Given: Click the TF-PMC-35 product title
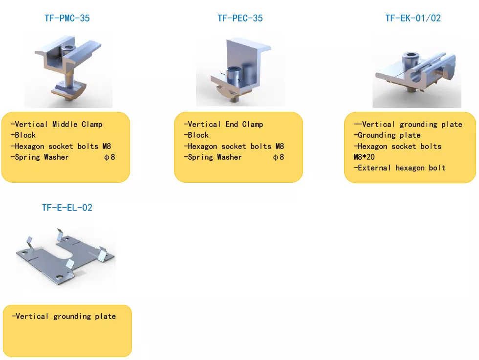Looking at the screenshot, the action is [x=67, y=19].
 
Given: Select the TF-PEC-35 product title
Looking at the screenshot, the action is [x=240, y=19].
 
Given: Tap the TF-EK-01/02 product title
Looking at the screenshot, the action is [x=413, y=19].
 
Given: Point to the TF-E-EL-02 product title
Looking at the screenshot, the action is [x=67, y=208].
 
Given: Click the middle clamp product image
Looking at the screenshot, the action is [x=68, y=70].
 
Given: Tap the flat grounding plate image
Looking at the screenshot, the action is [x=65, y=256].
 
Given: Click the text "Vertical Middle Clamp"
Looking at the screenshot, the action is [x=59, y=124].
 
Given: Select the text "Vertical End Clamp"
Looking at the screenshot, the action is [x=225, y=124].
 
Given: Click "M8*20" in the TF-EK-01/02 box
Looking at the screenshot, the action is [x=364, y=157].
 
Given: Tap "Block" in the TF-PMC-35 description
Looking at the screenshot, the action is [x=25, y=135].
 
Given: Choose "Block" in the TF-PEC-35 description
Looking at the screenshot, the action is [x=198, y=135].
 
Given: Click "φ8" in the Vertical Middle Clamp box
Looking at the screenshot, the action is [x=109, y=157].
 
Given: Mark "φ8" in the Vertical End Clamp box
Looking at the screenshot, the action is [x=279, y=157].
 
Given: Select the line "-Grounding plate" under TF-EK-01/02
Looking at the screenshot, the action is [x=387, y=135].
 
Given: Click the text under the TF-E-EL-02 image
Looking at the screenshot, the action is [x=64, y=317].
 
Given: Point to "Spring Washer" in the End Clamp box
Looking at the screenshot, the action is [x=215, y=157].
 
